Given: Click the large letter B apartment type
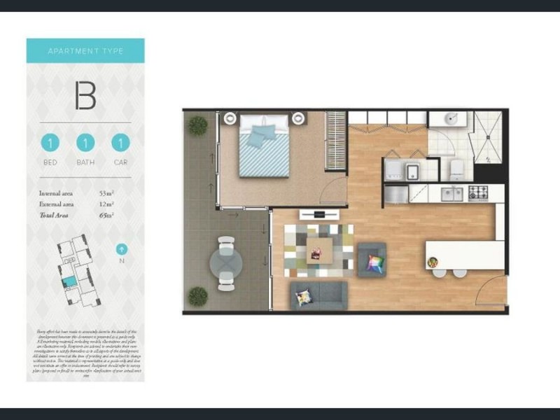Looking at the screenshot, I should coord(85,96).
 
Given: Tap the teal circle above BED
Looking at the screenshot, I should coord(50,143).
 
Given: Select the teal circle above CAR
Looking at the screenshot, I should coord(120,143).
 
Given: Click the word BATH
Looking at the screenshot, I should coord(85,162).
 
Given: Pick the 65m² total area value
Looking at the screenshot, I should coord(106,215).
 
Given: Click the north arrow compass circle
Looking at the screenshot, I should coord(122,248).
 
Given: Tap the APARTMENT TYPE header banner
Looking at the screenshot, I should coord(85,51).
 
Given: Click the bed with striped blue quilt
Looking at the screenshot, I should coord(265,146).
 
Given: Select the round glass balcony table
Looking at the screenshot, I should coord(226,263).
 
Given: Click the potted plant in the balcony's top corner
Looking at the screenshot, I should coord(198,125).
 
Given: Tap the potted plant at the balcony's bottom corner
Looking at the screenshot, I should coord(198,296).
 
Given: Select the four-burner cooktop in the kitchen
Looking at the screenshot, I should coord(479,192).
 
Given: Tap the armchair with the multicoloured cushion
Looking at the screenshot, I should coord(372,261).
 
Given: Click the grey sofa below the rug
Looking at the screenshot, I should coord(318,295).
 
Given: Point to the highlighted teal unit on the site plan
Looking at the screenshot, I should coord(69,281).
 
